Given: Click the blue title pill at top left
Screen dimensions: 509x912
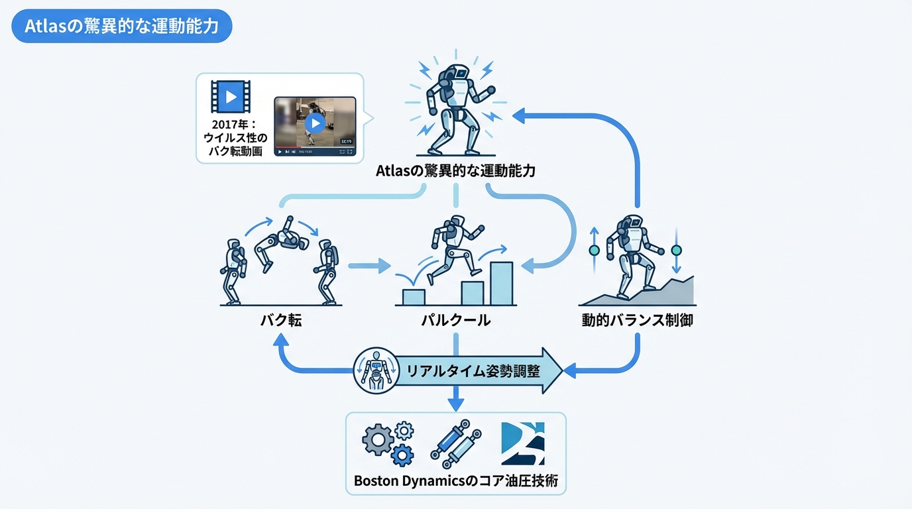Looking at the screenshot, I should tap(122, 27).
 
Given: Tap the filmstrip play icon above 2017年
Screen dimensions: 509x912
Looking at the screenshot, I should tap(231, 97).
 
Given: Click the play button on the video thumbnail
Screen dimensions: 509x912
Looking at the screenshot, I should tap(315, 123).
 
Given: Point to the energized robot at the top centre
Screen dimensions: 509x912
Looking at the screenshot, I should tap(456, 106).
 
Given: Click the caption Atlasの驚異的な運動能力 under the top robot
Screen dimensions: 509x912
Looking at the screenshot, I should tap(456, 170).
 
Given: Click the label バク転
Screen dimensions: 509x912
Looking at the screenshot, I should tap(281, 321).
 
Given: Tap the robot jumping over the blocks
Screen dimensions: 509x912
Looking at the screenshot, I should tap(455, 249).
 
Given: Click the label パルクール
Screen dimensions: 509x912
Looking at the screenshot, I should tap(456, 321).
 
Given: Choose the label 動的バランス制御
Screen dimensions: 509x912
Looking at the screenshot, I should tap(638, 321).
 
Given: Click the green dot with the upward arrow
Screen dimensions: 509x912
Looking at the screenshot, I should tap(594, 251).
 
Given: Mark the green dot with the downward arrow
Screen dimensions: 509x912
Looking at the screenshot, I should tap(676, 251).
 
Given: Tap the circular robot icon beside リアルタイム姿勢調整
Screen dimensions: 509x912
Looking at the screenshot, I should tap(375, 370).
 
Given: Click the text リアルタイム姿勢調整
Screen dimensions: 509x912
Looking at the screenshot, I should tap(473, 370).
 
